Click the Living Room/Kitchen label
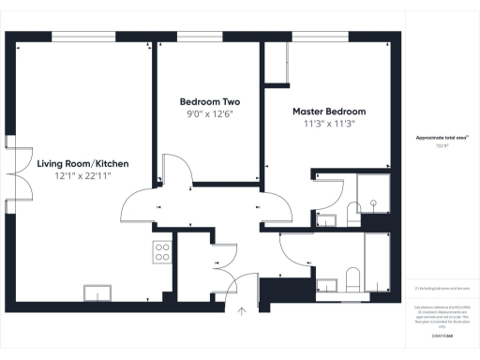coord(83,163)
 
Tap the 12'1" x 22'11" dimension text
coord(83,176)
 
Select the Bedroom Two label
coord(208,101)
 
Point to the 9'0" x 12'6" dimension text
coord(208,113)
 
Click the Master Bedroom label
coord(322,111)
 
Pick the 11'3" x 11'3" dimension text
coord(322,123)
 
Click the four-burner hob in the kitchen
coord(161,251)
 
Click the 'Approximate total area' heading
coord(442,138)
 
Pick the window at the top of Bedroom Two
coord(208,37)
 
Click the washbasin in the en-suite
coord(325,220)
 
